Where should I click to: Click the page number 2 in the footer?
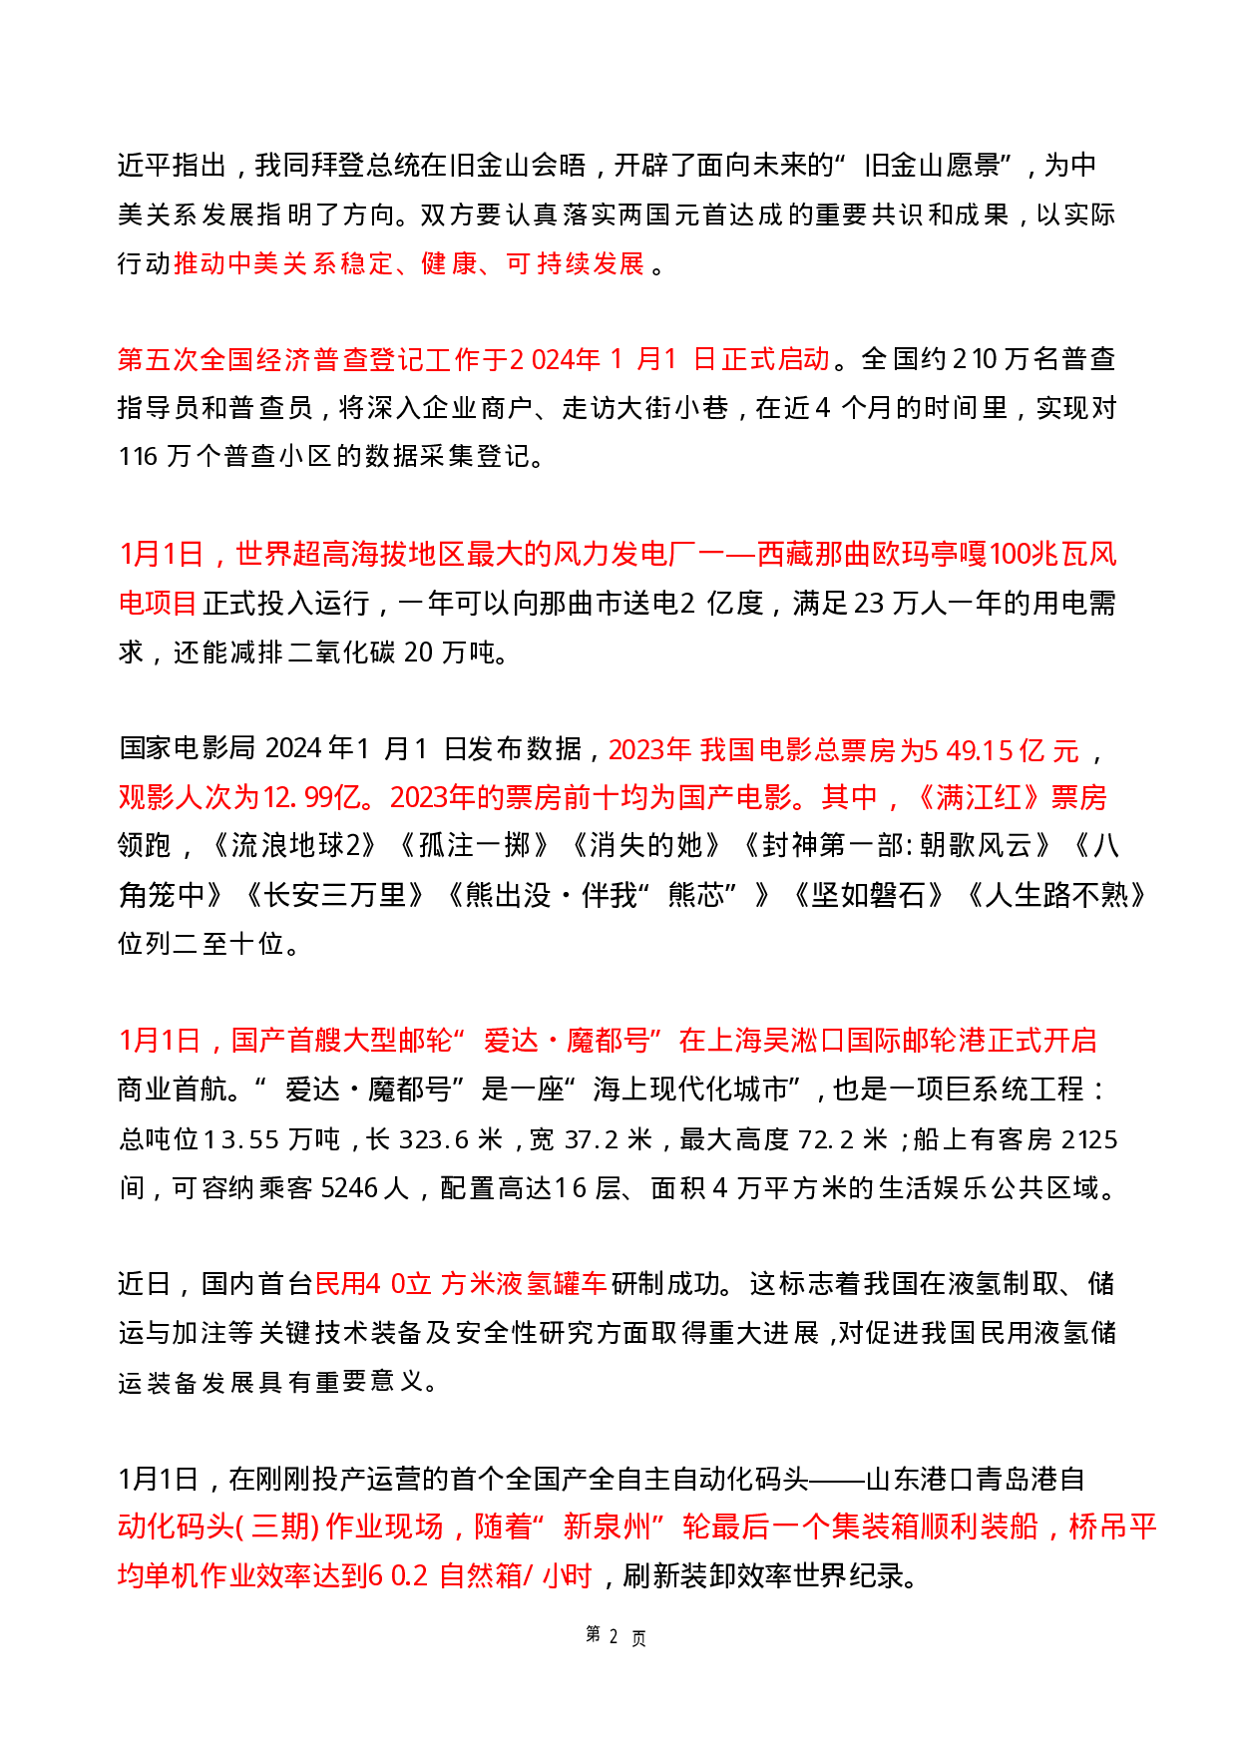pyautogui.click(x=614, y=1636)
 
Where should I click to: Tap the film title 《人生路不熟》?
pyautogui.click(x=1055, y=895)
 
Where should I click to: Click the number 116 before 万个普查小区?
pyautogui.click(x=138, y=457)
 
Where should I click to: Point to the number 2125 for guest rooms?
pyautogui.click(x=1089, y=1139)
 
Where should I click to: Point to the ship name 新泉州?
pyautogui.click(x=606, y=1527)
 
